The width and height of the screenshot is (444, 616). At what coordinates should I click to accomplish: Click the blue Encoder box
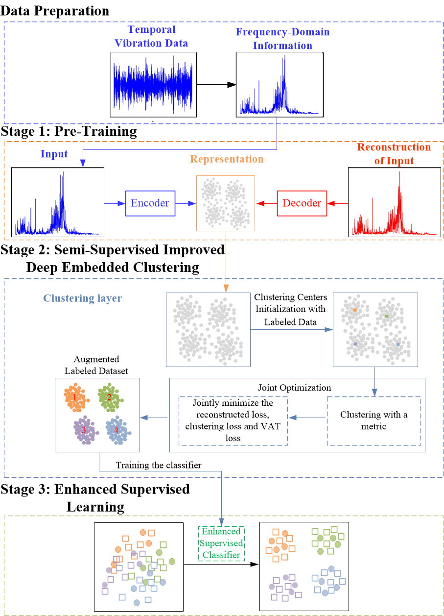pyautogui.click(x=150, y=203)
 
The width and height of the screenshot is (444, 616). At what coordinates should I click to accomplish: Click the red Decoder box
pyautogui.click(x=302, y=203)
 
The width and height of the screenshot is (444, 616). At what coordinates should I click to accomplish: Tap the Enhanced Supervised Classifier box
pyautogui.click(x=221, y=543)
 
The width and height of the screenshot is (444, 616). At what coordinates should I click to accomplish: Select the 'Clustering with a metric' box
pyautogui.click(x=374, y=421)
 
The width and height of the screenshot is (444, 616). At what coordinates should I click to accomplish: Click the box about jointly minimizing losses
pyautogui.click(x=233, y=420)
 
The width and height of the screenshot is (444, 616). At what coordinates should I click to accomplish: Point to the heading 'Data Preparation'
pyautogui.click(x=55, y=10)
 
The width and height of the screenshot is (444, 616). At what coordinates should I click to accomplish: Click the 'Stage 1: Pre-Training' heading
pyautogui.click(x=69, y=131)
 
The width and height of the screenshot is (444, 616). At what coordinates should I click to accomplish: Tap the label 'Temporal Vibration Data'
pyautogui.click(x=151, y=37)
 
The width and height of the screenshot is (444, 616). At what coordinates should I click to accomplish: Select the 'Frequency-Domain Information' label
pyautogui.click(x=282, y=39)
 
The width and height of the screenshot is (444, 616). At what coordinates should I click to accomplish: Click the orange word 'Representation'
pyautogui.click(x=227, y=159)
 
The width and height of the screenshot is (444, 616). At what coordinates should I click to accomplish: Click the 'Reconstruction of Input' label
pyautogui.click(x=394, y=154)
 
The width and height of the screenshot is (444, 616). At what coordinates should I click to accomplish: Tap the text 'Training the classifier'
pyautogui.click(x=159, y=465)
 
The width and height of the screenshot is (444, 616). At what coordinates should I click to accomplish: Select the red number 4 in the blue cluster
pyautogui.click(x=116, y=430)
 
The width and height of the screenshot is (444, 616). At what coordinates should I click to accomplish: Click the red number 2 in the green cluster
pyautogui.click(x=109, y=397)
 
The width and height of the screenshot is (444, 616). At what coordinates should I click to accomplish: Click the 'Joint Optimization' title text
pyautogui.click(x=295, y=388)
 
